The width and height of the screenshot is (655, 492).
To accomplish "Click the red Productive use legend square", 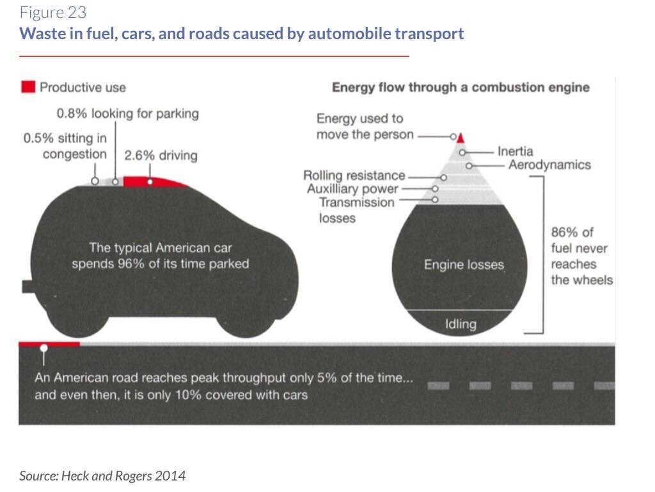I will click(28, 87).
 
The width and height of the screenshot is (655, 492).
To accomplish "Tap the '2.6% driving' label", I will click(161, 155).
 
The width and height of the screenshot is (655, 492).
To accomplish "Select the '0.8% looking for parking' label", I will click(127, 113).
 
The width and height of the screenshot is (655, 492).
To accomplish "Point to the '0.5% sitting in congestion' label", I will click(65, 146).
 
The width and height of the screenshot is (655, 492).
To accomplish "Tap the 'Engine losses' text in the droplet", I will click(464, 265).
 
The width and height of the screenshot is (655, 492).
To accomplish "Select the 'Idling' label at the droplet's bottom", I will click(461, 324).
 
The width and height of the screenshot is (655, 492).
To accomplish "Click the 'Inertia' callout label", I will click(515, 152).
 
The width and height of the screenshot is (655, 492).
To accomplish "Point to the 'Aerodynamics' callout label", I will click(549, 165).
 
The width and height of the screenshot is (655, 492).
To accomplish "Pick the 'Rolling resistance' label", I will click(354, 176).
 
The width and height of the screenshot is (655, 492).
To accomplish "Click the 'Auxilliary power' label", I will click(352, 189).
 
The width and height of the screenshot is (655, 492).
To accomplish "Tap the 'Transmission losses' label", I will click(356, 210).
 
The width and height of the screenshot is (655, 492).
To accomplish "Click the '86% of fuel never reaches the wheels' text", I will click(581, 256).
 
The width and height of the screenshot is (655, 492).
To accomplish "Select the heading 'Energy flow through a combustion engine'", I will click(461, 87).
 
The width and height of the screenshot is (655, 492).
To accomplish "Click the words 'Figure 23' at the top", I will click(52, 12).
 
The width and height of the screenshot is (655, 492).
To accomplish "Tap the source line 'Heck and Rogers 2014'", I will click(102, 475).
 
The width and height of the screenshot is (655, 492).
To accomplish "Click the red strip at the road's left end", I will click(49, 344).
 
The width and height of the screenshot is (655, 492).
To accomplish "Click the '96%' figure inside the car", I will click(141, 263).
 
